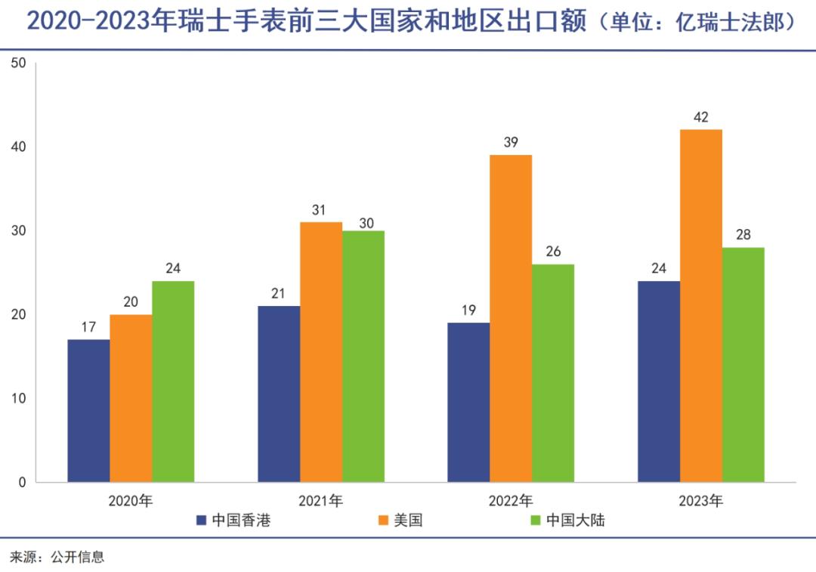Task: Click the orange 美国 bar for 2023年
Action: [700, 306]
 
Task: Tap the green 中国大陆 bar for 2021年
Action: [363, 356]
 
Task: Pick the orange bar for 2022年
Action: [511, 318]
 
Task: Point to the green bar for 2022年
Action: [553, 373]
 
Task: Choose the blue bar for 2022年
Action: [468, 402]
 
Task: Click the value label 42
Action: [700, 117]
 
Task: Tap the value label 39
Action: [511, 142]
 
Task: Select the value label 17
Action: [88, 327]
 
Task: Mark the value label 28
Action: [743, 235]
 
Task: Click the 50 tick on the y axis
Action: [19, 63]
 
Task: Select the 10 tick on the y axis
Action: [19, 398]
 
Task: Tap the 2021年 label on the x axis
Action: [320, 501]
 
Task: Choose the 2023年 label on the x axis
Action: [700, 501]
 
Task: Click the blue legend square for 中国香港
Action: [201, 521]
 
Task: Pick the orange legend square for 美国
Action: [383, 521]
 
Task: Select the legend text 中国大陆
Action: [576, 521]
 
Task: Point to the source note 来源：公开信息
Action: [57, 558]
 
